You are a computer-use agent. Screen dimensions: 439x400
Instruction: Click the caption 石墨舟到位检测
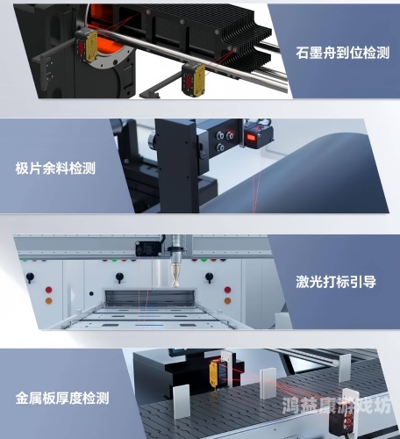pos(342,54)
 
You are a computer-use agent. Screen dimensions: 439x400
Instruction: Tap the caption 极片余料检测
pos(55,168)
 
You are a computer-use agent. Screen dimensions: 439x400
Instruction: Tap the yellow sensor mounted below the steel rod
pos(194,77)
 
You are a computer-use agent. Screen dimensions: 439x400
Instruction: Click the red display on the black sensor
pos(255,137)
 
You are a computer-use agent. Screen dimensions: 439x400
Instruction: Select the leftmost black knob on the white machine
pos(30,277)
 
